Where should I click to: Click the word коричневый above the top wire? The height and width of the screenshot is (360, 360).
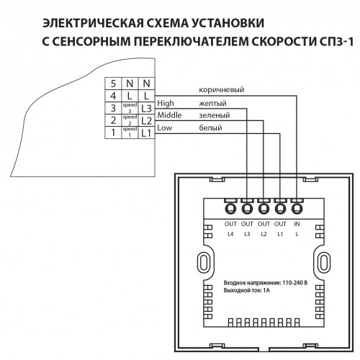tap(222, 90)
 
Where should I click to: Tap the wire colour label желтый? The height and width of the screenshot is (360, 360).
tap(212, 103)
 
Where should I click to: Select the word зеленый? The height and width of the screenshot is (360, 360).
tap(215, 115)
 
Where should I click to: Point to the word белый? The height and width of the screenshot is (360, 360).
tap(210, 127)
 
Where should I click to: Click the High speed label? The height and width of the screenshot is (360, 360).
tap(166, 103)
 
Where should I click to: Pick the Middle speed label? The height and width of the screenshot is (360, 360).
tap(169, 115)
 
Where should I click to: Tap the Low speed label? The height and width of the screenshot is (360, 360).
tap(165, 127)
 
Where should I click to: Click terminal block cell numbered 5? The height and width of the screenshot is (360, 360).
tap(113, 84)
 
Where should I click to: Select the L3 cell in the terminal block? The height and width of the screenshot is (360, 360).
tap(146, 108)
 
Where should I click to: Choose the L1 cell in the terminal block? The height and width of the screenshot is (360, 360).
tap(146, 132)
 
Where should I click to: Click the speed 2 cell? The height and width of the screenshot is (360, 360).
tap(130, 120)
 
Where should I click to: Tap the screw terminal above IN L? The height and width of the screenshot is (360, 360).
tap(297, 208)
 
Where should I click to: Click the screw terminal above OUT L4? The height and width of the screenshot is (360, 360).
tap(230, 208)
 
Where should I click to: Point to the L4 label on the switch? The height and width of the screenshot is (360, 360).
tap(230, 234)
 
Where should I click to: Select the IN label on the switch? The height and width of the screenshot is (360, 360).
tap(297, 224)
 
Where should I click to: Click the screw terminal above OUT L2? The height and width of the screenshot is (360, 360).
tap(264, 208)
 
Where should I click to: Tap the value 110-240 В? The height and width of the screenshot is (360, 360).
tap(295, 283)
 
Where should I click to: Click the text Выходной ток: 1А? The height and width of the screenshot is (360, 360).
tap(247, 290)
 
